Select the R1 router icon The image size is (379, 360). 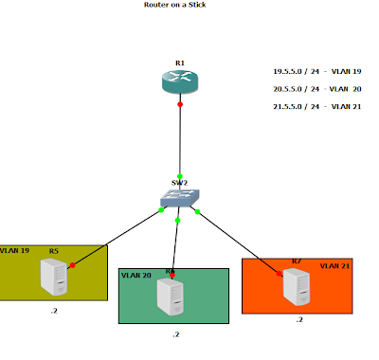coord(180,82)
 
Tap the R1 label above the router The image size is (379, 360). coord(180,63)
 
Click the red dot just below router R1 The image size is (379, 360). coord(180,104)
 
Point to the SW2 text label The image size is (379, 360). coord(179,181)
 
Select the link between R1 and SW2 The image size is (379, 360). coord(179,142)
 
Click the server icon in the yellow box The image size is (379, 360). coord(55,277)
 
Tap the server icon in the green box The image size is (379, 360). coord(171,295)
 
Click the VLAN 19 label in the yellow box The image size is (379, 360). coord(17,251)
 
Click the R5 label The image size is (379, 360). coord(54,251)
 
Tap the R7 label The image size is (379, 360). coord(297,260)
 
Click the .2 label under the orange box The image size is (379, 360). coord(299,320)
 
